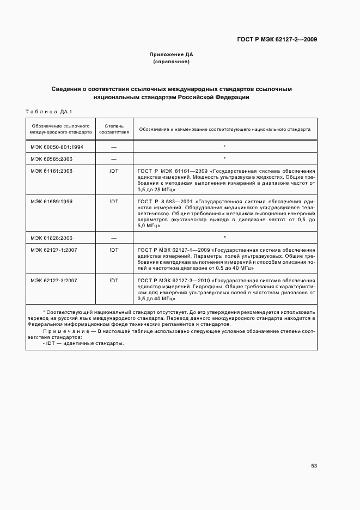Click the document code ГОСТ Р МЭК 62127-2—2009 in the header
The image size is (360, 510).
277,39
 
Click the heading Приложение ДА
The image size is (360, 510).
171,54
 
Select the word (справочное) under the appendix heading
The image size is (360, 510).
171,62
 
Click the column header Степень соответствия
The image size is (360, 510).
114,129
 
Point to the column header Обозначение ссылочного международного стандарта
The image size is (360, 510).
60,129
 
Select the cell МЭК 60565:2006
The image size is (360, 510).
52,159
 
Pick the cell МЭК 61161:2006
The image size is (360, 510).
52,171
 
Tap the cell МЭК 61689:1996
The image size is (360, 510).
52,201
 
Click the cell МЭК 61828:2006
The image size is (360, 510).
52,238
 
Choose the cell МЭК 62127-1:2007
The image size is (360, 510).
54,250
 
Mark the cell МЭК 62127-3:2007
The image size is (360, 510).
54,280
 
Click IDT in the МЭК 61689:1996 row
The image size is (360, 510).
114,201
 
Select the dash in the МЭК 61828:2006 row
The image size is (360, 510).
114,238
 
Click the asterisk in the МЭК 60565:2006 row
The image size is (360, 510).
224,159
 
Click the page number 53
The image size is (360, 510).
314,466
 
